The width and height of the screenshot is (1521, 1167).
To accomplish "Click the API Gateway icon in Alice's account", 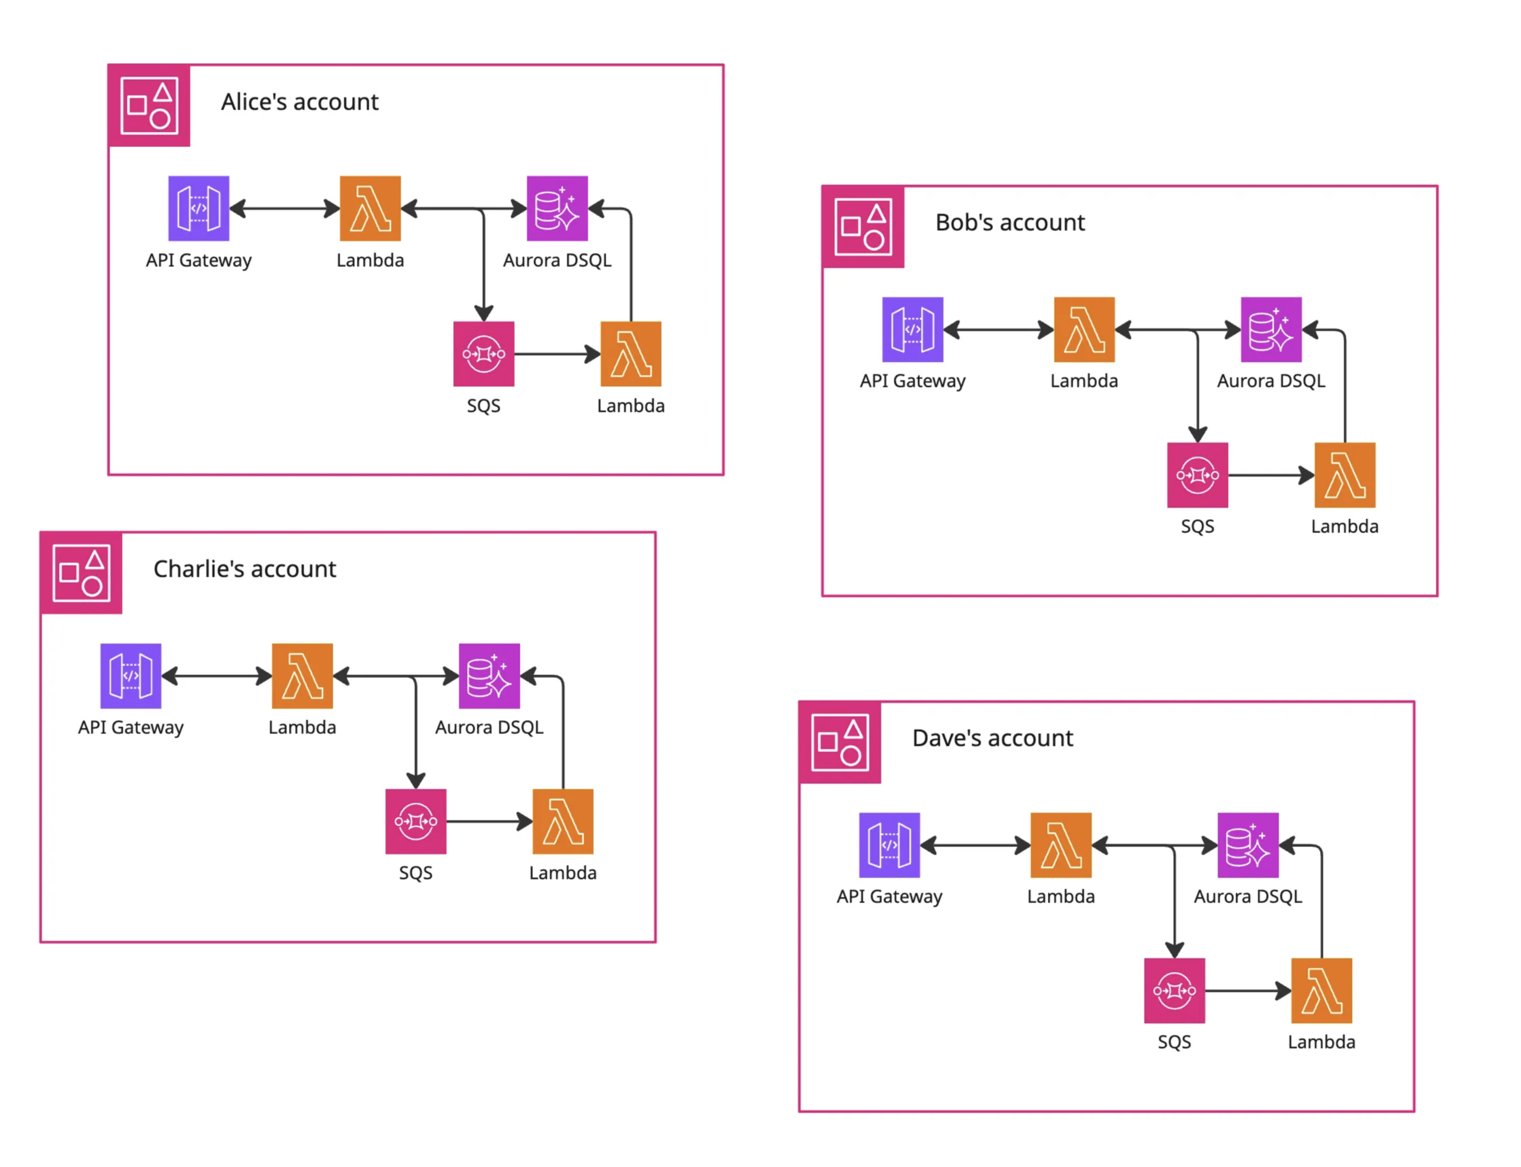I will point(198,208).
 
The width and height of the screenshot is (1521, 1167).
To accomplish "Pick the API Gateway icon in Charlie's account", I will point(131,675).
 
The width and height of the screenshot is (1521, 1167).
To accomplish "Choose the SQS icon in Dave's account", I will point(1174,990).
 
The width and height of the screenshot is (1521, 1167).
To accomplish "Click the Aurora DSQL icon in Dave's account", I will point(1247,845).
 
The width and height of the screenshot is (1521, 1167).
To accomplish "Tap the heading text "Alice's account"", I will point(299,102).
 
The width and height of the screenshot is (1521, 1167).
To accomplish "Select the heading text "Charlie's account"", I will point(244,569).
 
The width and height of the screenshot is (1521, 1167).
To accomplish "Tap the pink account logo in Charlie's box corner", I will point(81,573).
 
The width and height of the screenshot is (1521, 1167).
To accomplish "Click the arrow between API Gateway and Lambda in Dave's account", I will point(975,845).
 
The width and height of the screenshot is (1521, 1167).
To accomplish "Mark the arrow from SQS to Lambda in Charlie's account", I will point(489,821).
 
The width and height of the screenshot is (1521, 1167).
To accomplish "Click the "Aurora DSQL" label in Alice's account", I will point(557,261).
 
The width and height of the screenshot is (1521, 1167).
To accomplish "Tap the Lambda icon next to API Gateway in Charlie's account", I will point(302,675).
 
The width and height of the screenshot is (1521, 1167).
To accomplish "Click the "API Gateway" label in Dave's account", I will point(889,897).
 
